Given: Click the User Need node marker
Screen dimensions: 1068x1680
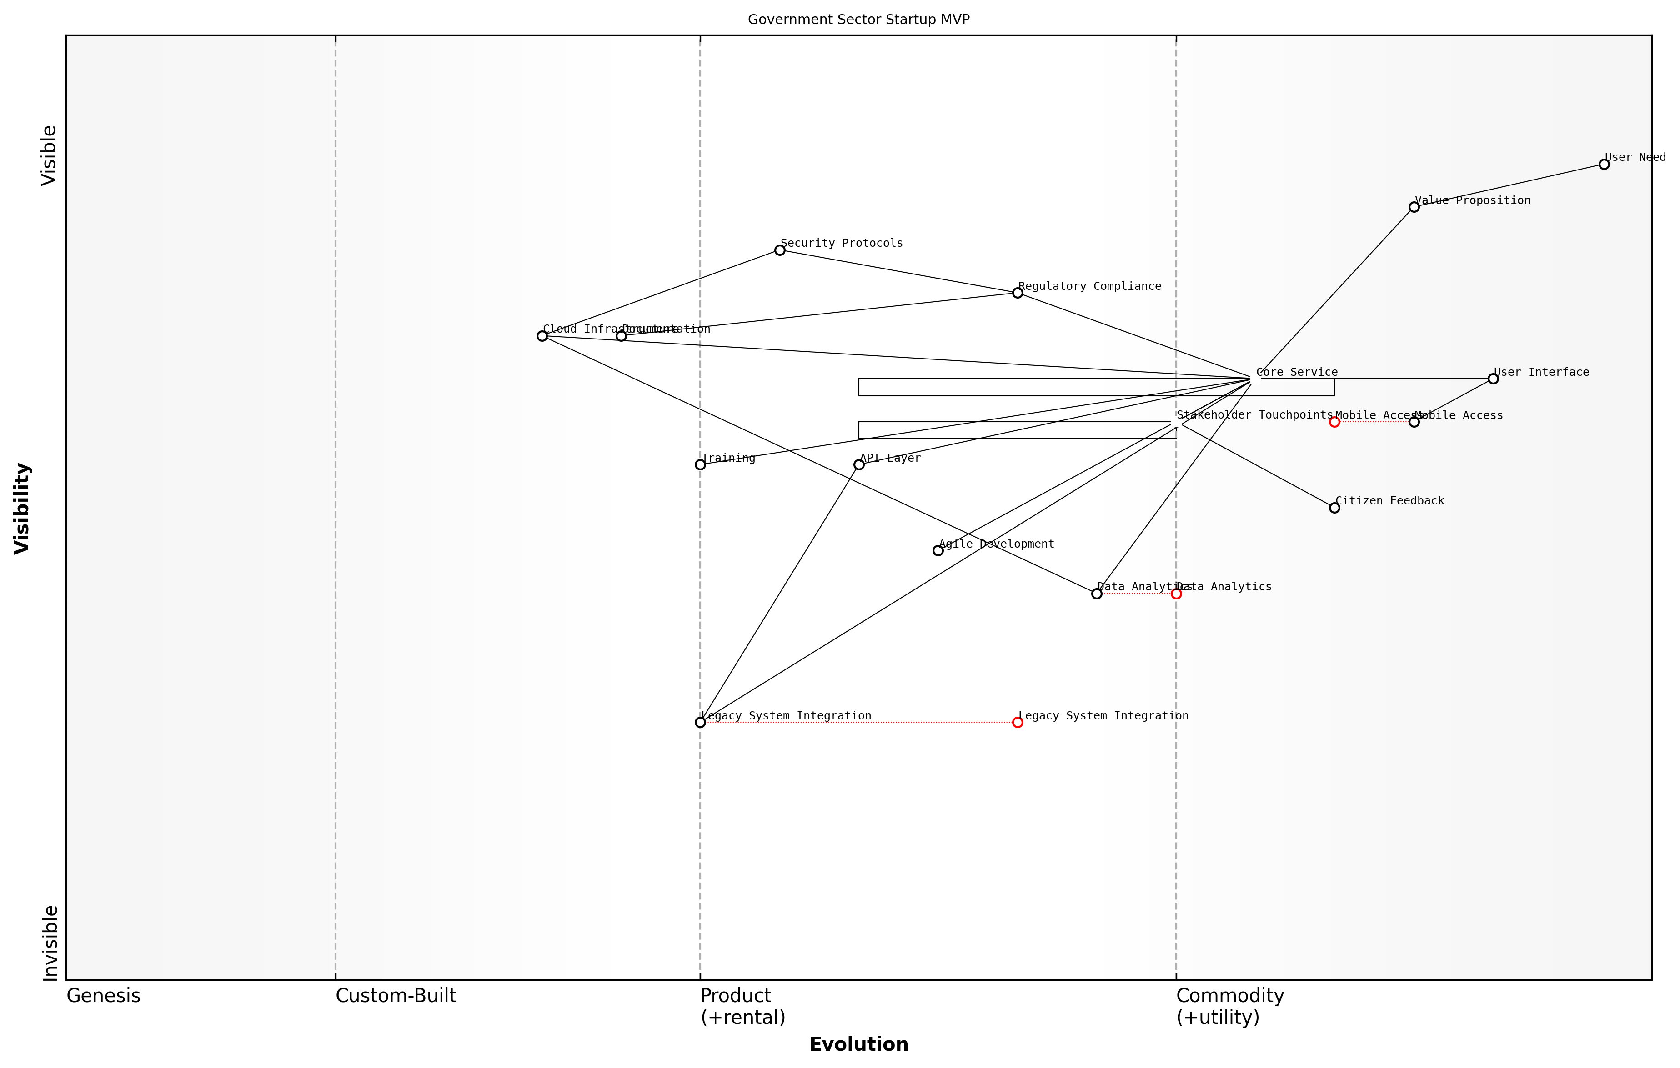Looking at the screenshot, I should coord(1604,165).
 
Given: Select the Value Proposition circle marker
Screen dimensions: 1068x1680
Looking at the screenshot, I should coord(1414,207).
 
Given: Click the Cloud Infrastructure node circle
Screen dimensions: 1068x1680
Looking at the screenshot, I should coord(542,336).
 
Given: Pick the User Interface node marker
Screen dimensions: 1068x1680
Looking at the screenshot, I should coord(1493,379).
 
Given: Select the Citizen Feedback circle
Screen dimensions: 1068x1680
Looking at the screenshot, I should coord(1334,508).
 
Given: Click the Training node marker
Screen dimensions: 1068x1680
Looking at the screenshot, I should coord(701,464).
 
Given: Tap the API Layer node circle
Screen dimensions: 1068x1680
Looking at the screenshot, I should coord(859,464).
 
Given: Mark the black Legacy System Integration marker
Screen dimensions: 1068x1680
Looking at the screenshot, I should coord(701,722).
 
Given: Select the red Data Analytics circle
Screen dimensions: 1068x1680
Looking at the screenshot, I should coord(1176,594).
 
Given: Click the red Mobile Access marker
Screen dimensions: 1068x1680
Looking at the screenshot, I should coord(1334,422).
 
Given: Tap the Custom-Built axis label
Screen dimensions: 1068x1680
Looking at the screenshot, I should coord(396,996).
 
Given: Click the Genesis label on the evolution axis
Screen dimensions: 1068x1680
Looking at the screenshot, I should coord(103,996).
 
